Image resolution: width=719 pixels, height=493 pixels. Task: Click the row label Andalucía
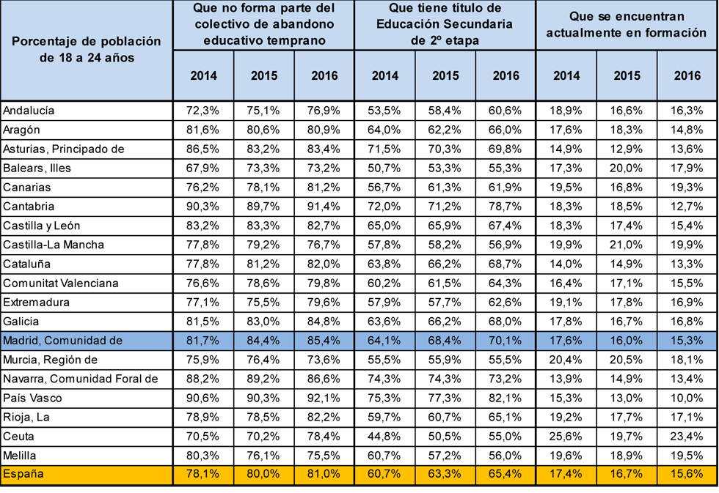[29, 111]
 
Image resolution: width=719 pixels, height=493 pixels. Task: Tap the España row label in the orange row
[23, 474]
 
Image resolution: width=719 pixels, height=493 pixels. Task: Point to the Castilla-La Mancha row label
[54, 245]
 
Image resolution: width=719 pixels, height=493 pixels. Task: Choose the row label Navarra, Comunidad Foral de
[80, 379]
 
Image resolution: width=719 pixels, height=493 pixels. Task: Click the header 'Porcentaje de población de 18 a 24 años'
[87, 49]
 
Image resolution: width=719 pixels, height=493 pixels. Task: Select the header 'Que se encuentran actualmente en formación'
[627, 25]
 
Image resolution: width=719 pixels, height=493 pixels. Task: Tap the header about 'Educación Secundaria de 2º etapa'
[445, 25]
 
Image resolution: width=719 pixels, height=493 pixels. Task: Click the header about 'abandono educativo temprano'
[263, 25]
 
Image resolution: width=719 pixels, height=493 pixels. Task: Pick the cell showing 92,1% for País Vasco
[324, 398]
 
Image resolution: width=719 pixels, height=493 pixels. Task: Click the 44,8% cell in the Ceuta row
[385, 436]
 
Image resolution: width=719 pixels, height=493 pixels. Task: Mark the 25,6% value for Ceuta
[566, 436]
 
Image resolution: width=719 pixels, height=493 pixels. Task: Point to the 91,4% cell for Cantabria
[324, 207]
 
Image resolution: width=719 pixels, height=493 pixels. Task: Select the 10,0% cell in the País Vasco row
[687, 398]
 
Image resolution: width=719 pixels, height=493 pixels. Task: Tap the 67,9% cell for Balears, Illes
[203, 168]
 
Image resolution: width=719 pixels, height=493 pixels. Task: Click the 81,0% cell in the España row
[324, 474]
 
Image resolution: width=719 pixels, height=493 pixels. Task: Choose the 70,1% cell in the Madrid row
[506, 341]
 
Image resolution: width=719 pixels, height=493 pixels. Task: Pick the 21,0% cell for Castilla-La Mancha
[627, 245]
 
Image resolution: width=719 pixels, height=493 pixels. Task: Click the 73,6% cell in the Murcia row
[324, 360]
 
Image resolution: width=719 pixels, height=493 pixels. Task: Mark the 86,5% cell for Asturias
[203, 149]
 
